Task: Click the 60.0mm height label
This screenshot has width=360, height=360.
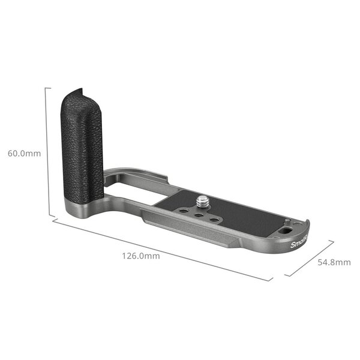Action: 24,153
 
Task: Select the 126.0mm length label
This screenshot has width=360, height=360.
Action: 141,256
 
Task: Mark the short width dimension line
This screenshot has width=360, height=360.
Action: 309,259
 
